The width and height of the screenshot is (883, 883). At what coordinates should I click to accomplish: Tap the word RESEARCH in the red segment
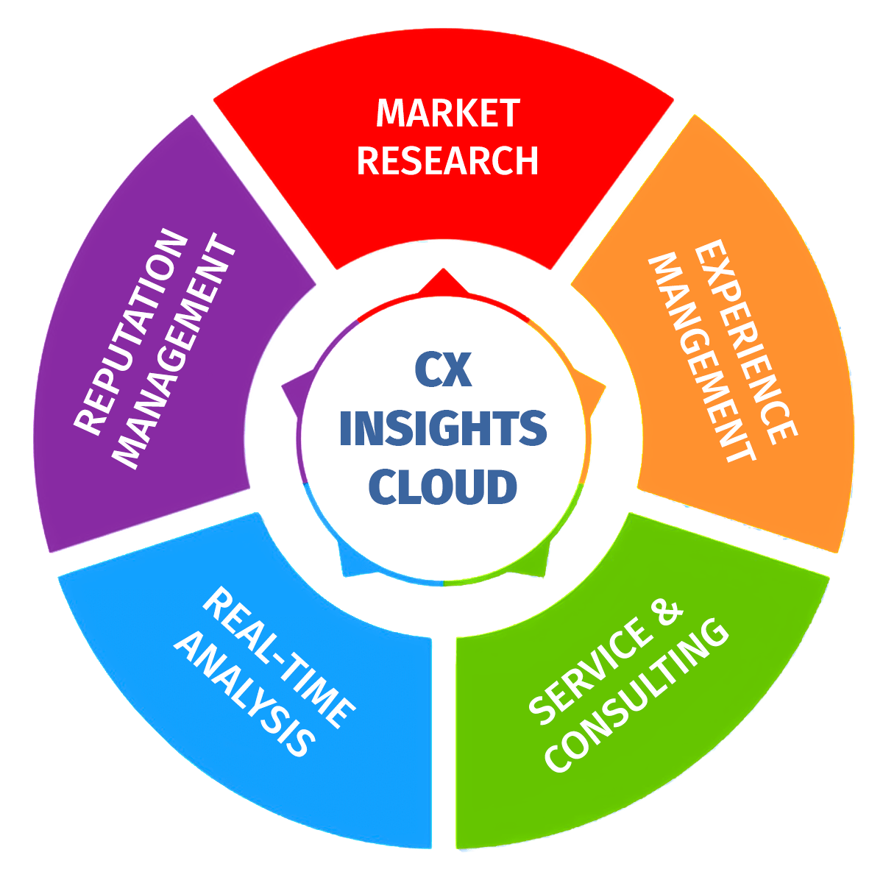click(x=447, y=160)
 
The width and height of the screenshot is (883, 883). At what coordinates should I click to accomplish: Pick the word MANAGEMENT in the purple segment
click(x=177, y=353)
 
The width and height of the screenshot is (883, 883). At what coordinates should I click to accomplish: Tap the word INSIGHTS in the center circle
click(x=442, y=428)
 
